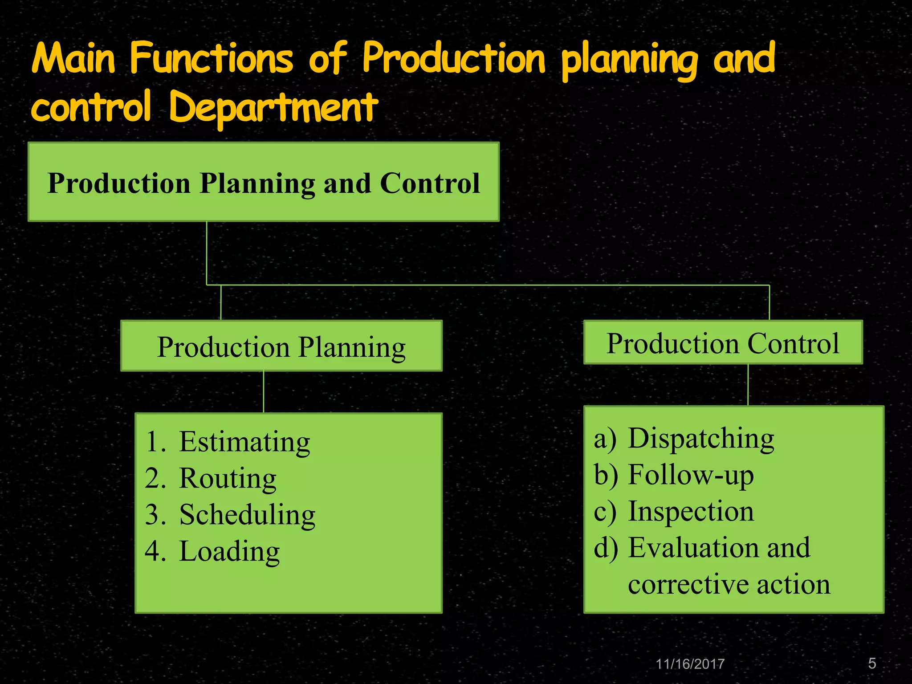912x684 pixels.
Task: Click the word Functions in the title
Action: [212, 59]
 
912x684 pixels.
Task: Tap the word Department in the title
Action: [273, 107]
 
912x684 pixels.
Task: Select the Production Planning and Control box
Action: [264, 182]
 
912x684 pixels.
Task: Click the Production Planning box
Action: [281, 346]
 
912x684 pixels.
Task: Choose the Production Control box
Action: [723, 342]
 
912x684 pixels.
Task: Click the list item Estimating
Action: [244, 442]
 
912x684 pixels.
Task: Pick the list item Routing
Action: [228, 478]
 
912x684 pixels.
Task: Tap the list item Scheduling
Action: [247, 515]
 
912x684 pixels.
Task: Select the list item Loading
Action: [229, 551]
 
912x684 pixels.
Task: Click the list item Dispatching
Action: [701, 438]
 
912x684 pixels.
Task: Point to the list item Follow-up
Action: [691, 475]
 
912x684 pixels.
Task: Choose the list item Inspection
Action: [691, 511]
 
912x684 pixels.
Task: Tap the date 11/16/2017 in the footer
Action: [690, 664]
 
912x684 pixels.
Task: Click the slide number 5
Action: [872, 664]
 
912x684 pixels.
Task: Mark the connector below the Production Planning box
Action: [264, 391]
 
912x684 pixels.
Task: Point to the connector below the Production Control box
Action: [748, 384]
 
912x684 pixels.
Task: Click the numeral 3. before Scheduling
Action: [156, 515]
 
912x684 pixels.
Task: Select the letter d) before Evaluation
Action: [606, 548]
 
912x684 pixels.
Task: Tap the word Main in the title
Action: [74, 59]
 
